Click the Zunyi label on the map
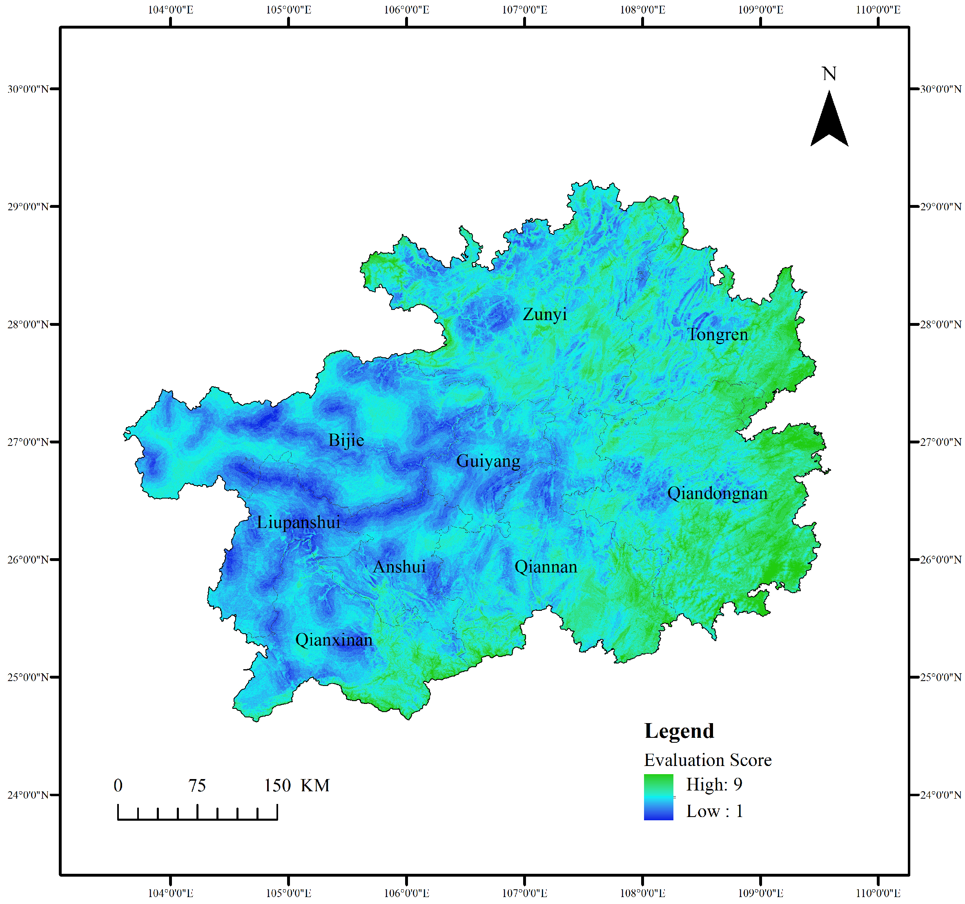tap(545, 314)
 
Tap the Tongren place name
tap(718, 334)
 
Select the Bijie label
tap(346, 440)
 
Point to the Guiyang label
tap(488, 461)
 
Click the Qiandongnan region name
tap(717, 494)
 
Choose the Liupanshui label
tap(299, 523)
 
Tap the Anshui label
tap(399, 567)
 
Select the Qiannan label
tap(546, 567)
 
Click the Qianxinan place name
tap(334, 640)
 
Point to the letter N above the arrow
tap(829, 74)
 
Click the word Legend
tap(679, 731)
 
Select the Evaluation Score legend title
tap(707, 760)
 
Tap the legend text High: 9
tap(713, 784)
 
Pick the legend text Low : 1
tap(714, 811)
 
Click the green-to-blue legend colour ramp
tap(658, 797)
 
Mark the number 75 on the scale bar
tap(197, 786)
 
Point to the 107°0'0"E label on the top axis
tap(524, 10)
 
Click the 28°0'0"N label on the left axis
tap(28, 324)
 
